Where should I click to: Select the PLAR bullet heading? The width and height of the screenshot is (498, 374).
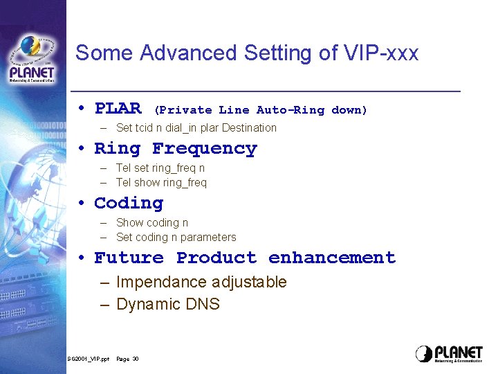coord(118,109)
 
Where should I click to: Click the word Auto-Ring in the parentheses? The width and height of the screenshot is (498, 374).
coord(290,110)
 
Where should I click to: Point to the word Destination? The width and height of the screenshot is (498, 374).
coord(249,127)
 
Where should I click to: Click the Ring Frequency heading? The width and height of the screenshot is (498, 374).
coord(175,148)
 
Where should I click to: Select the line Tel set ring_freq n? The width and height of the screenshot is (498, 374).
coord(160,168)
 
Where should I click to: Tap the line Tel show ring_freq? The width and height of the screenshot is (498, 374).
coord(161,183)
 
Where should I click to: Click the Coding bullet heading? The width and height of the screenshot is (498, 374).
coord(129,203)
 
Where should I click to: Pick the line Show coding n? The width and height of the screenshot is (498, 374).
coord(152,222)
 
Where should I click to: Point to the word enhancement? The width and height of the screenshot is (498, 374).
coord(332,258)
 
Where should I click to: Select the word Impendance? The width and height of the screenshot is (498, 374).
coord(161,282)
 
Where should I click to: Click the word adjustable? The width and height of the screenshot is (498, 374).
coord(249,282)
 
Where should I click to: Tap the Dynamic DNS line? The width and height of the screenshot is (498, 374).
coord(168,304)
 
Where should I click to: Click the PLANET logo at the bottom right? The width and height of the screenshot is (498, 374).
coord(449,354)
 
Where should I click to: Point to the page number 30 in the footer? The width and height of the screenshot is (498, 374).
coord(136,359)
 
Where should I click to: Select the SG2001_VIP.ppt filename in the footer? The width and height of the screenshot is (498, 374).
coord(88,359)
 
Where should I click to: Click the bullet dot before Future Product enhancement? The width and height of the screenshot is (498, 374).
coord(81,258)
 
